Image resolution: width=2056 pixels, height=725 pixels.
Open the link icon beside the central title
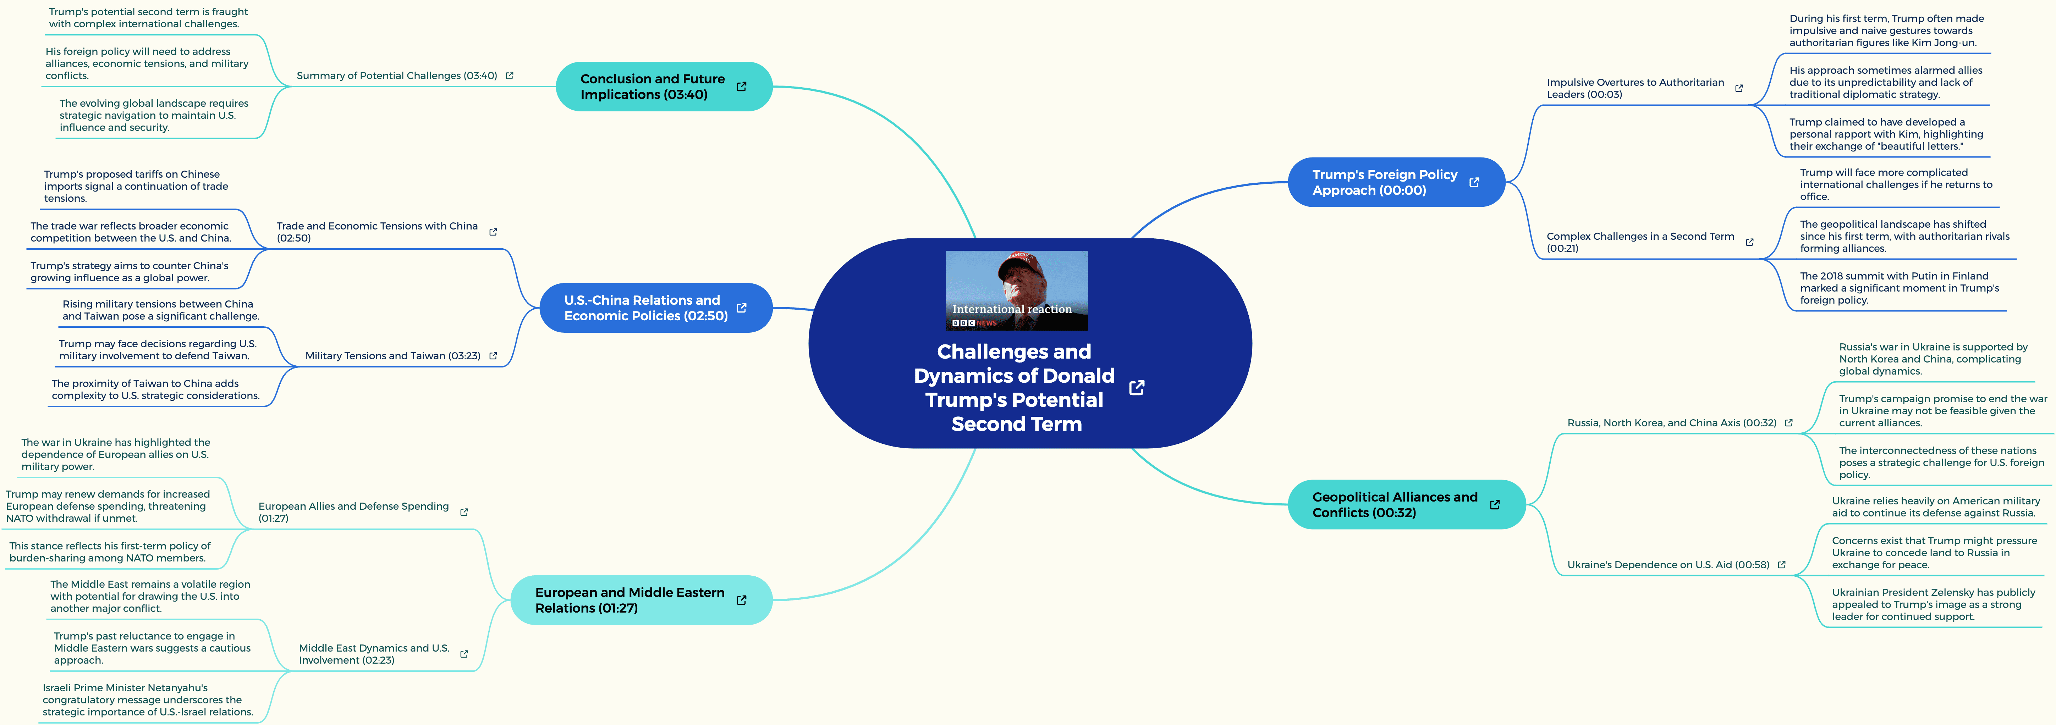(x=1137, y=388)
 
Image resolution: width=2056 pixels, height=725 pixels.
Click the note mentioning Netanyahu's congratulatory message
(x=148, y=699)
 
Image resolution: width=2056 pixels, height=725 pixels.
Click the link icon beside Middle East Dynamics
(x=464, y=654)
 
